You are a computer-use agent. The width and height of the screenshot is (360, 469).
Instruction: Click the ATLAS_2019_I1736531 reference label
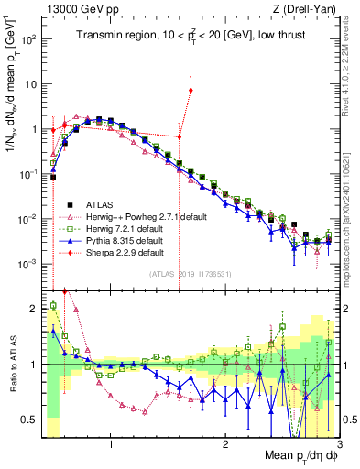click(x=189, y=274)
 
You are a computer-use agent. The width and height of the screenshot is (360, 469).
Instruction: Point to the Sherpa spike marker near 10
click(x=191, y=90)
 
